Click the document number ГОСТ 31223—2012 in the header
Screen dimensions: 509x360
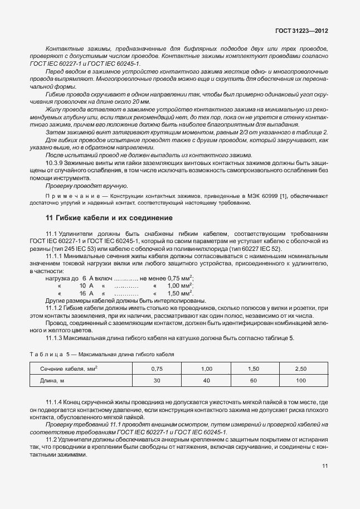(301, 32)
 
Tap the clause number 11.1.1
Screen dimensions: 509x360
(56, 256)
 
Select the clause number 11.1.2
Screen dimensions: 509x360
(56, 308)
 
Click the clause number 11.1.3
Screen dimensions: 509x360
(56, 338)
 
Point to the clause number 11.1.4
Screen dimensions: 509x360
(56, 402)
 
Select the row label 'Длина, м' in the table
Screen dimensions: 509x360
(53, 381)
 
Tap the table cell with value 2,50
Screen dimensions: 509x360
(300, 369)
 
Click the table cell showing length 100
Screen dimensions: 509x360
(301, 381)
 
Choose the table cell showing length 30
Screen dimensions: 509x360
(157, 381)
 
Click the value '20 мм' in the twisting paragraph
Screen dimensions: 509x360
(142, 101)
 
